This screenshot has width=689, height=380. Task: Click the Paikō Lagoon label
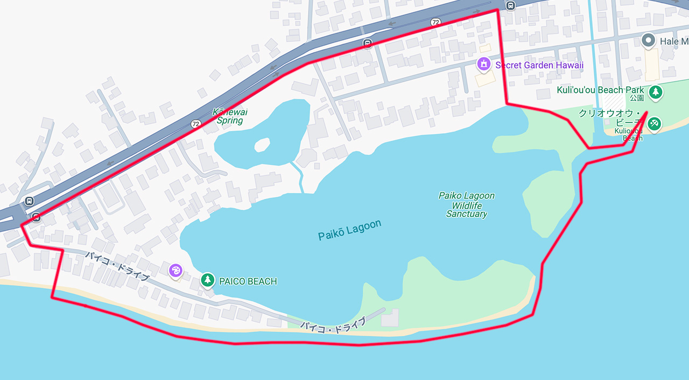(x=349, y=230)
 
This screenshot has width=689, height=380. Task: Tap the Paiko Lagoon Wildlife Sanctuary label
(x=466, y=205)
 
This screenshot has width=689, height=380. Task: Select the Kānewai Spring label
(x=230, y=116)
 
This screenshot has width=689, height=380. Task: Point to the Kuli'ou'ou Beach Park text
(x=597, y=90)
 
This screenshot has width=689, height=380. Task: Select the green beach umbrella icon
(x=654, y=123)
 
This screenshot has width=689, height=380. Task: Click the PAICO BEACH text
(x=248, y=281)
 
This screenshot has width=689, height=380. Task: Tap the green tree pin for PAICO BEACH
(x=208, y=280)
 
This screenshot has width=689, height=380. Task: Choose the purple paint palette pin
(x=175, y=271)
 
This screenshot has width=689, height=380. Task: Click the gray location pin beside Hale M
(x=649, y=40)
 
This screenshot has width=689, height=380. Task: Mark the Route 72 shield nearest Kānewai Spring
(x=195, y=123)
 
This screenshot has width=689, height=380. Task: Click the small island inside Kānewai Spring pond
(x=262, y=144)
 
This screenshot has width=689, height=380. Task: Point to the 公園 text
(x=636, y=98)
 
